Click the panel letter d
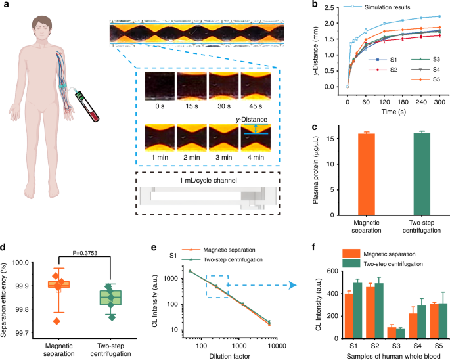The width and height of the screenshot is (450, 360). [5, 229]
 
